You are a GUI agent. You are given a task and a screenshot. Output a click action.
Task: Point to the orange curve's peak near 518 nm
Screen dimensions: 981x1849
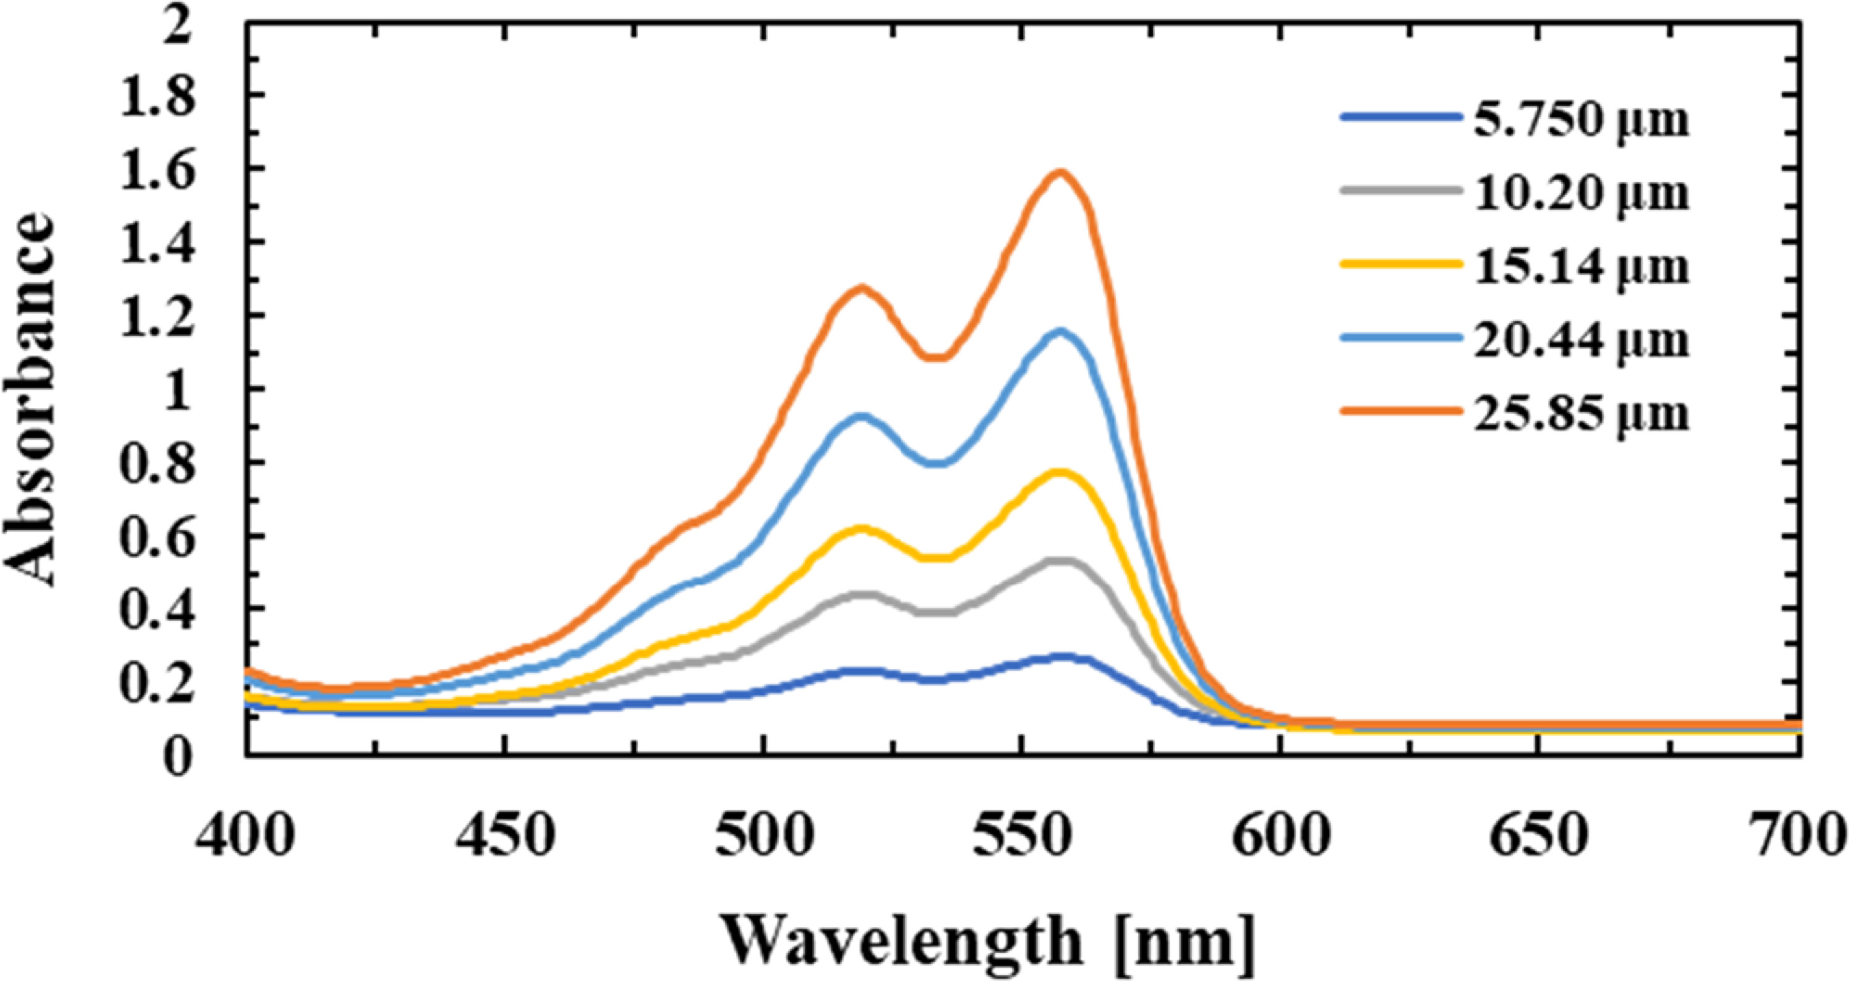coord(861,289)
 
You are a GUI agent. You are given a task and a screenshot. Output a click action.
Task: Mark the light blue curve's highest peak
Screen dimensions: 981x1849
coord(1060,331)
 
